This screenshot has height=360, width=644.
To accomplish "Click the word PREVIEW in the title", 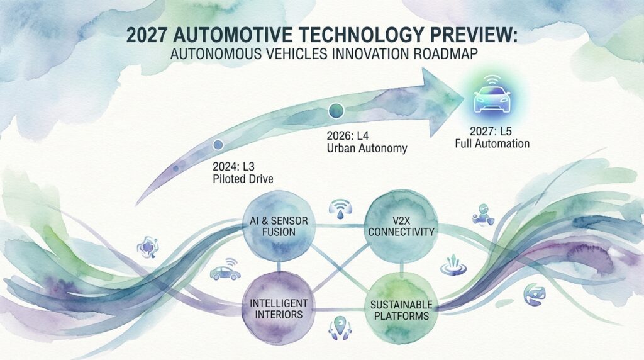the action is pos(470,35).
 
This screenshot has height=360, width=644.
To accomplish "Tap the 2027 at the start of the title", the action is pos(147,35).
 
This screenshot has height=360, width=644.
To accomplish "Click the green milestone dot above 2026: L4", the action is pos(336,111).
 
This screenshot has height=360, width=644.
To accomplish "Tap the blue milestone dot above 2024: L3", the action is pos(218,145).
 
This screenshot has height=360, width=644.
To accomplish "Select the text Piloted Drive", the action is pos(243,179).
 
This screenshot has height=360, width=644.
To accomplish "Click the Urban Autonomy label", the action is pos(367,148).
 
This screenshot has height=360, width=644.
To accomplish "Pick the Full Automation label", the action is pos(492,143).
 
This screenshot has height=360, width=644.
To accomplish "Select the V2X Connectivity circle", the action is pos(401,226).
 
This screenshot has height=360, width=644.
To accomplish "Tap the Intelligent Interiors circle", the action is pos(279,308).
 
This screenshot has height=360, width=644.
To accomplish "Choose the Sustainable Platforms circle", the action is pos(401,309).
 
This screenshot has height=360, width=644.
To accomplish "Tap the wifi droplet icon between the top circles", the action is pos(340,209).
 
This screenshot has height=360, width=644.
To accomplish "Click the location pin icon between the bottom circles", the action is pos(340,327).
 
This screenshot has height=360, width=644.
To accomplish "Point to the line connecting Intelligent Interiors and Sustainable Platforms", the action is pos(340,310).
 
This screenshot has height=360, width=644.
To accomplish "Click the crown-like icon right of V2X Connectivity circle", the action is pos(453,265).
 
